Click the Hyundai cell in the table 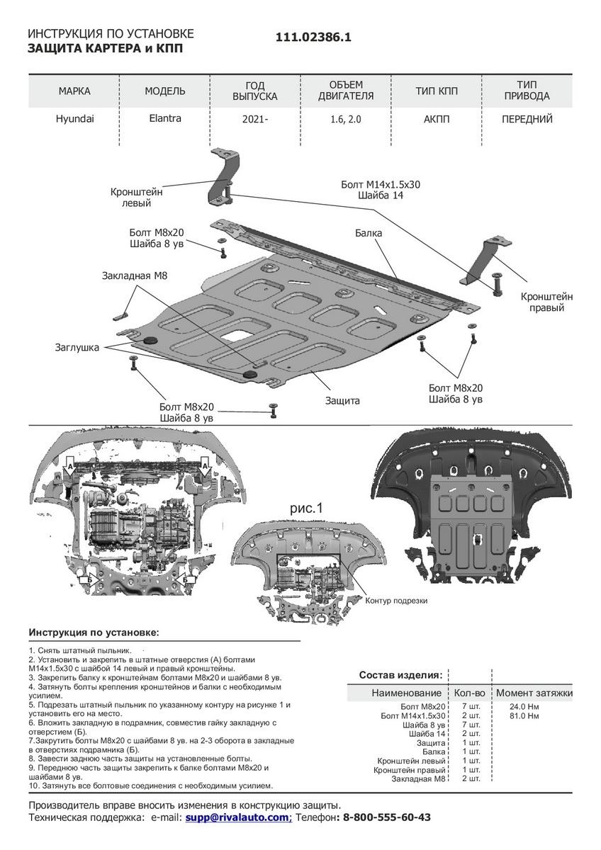[x=74, y=119]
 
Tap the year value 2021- [x=255, y=120]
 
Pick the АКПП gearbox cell [x=437, y=120]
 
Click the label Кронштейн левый [x=136, y=197]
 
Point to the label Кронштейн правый [x=546, y=302]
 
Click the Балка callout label [x=369, y=232]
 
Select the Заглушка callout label [x=77, y=347]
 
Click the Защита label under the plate [x=342, y=400]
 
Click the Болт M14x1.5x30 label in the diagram [x=381, y=185]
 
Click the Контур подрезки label [x=396, y=600]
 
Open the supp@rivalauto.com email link [x=238, y=817]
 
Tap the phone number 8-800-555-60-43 [x=386, y=817]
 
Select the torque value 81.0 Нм [x=524, y=716]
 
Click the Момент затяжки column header [x=534, y=693]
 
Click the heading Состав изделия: [x=400, y=674]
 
